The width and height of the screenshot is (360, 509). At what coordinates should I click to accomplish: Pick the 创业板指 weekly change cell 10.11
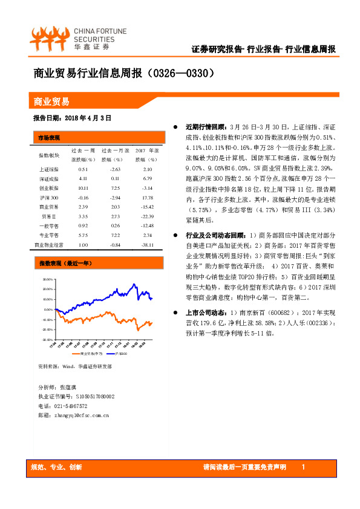point(83,188)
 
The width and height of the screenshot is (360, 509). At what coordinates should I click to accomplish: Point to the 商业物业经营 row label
point(49,245)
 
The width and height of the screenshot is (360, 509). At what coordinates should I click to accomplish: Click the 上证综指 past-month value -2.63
point(115,169)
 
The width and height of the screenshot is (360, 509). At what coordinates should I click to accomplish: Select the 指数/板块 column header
point(49,154)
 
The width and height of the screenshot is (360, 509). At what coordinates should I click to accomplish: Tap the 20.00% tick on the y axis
point(50,290)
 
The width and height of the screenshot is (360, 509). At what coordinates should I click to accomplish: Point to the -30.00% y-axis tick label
point(50,340)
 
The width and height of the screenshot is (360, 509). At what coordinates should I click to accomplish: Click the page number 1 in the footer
point(303,467)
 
